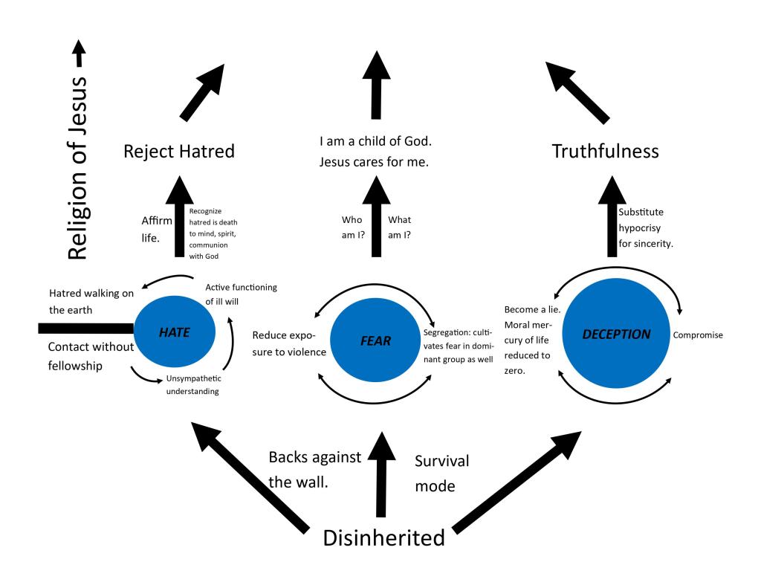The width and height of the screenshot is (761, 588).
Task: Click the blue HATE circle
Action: click(x=174, y=333)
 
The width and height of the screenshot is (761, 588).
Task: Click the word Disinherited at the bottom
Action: click(x=383, y=537)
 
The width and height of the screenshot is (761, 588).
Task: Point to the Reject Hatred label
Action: click(x=178, y=152)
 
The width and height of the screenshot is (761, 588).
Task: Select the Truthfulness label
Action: click(x=605, y=151)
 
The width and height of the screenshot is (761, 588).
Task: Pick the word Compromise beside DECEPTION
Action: click(x=698, y=335)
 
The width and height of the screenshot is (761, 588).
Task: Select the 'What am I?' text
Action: click(x=400, y=227)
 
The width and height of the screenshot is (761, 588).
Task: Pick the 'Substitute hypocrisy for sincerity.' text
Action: click(x=646, y=227)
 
